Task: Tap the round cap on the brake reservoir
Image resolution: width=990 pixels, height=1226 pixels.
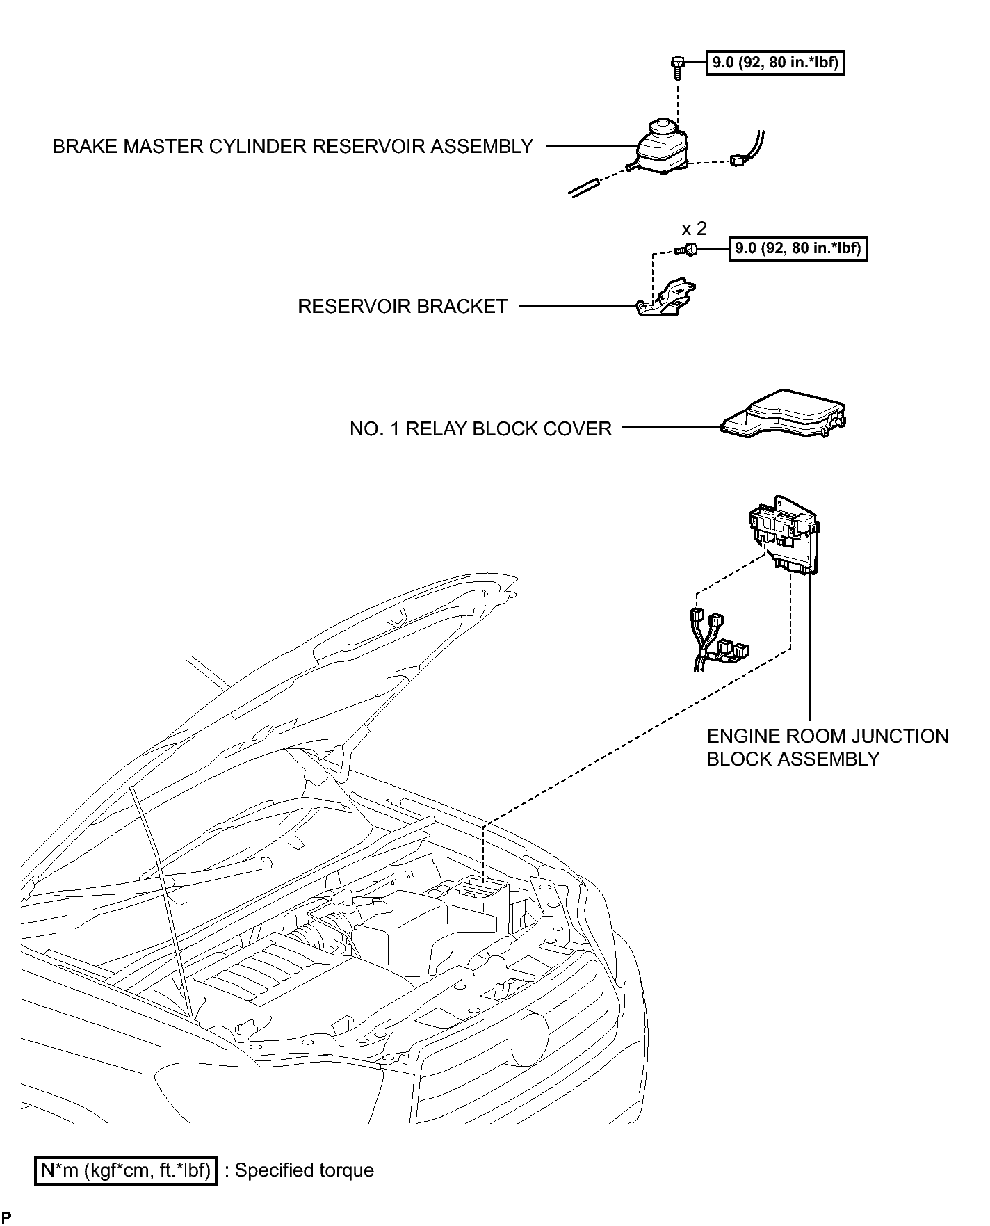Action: (661, 127)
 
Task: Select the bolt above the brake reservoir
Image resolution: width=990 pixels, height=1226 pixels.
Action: (676, 66)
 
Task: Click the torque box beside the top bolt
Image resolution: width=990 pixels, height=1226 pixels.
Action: (774, 63)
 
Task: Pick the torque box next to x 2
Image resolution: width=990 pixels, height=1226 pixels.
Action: (797, 248)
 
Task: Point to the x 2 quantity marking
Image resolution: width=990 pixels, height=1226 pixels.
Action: (694, 229)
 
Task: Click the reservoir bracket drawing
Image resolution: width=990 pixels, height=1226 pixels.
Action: (667, 300)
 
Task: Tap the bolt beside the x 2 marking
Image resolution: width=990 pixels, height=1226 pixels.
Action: (688, 250)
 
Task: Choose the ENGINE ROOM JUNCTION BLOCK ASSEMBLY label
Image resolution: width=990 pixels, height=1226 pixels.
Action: (827, 747)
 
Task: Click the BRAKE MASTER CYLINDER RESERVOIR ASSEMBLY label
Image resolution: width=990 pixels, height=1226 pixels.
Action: (293, 147)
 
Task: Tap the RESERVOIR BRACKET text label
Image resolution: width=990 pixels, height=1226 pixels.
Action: (403, 307)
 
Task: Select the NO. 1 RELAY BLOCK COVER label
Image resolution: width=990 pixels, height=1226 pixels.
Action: (480, 428)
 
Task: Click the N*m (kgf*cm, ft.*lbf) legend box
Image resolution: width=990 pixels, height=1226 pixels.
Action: (126, 1170)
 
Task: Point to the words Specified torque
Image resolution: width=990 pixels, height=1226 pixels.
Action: (304, 1170)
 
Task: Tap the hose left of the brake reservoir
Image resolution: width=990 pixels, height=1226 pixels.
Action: (585, 188)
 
